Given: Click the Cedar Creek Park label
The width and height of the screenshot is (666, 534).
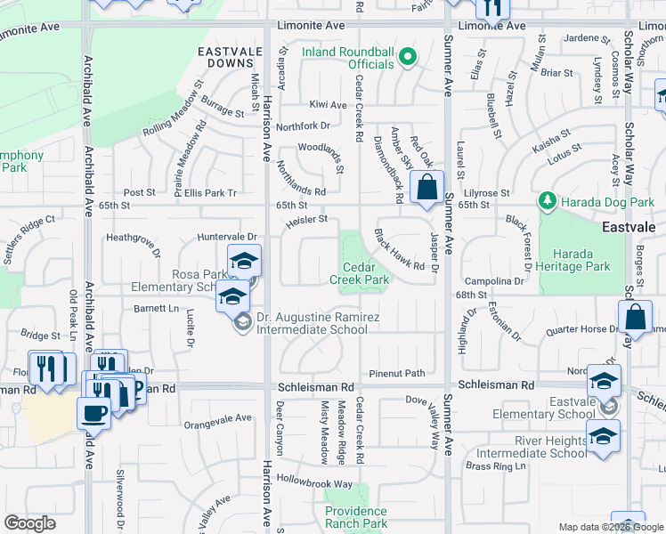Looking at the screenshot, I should point(366,273).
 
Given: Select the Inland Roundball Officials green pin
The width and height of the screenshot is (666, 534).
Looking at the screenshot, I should point(407,58).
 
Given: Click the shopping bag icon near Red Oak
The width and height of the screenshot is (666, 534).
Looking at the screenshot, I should point(426,188).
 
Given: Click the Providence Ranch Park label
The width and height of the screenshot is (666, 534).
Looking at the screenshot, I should point(356,517).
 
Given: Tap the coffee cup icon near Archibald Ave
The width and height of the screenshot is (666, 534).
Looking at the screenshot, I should point(94,412).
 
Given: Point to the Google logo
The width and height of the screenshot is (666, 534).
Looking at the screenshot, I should point(30,524).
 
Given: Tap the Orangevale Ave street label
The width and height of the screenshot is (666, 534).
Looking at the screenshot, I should point(218,418).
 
